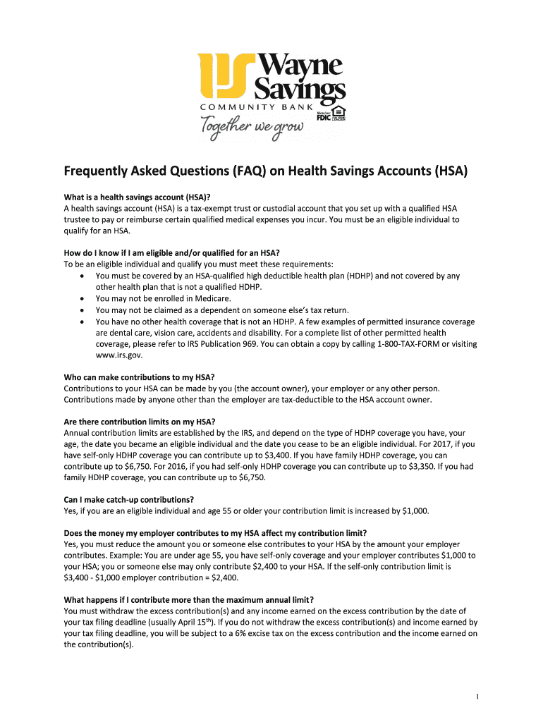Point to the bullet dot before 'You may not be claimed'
[x=84, y=310]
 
